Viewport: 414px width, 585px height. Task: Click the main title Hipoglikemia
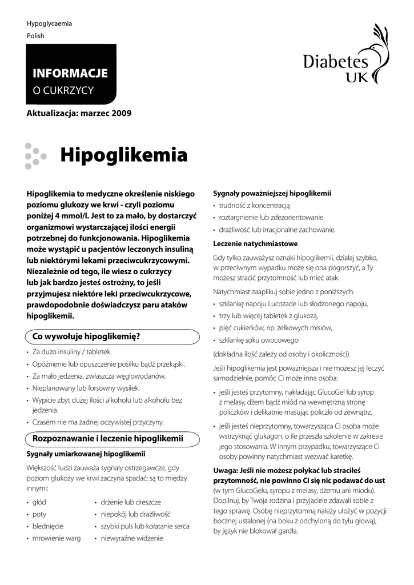(123, 154)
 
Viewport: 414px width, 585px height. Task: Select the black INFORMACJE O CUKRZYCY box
(71, 74)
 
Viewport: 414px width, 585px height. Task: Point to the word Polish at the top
(35, 35)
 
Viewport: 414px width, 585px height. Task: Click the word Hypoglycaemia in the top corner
(50, 23)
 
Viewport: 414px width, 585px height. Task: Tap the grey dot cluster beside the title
(35, 155)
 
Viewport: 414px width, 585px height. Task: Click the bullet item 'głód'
(39, 502)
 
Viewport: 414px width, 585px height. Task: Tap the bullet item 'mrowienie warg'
(57, 538)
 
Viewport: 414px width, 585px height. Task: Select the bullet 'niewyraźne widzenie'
(132, 538)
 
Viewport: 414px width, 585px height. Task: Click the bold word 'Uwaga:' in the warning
(226, 470)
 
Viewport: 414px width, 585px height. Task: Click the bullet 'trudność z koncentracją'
(255, 205)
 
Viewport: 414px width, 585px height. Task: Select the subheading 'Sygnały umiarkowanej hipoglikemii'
(86, 454)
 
